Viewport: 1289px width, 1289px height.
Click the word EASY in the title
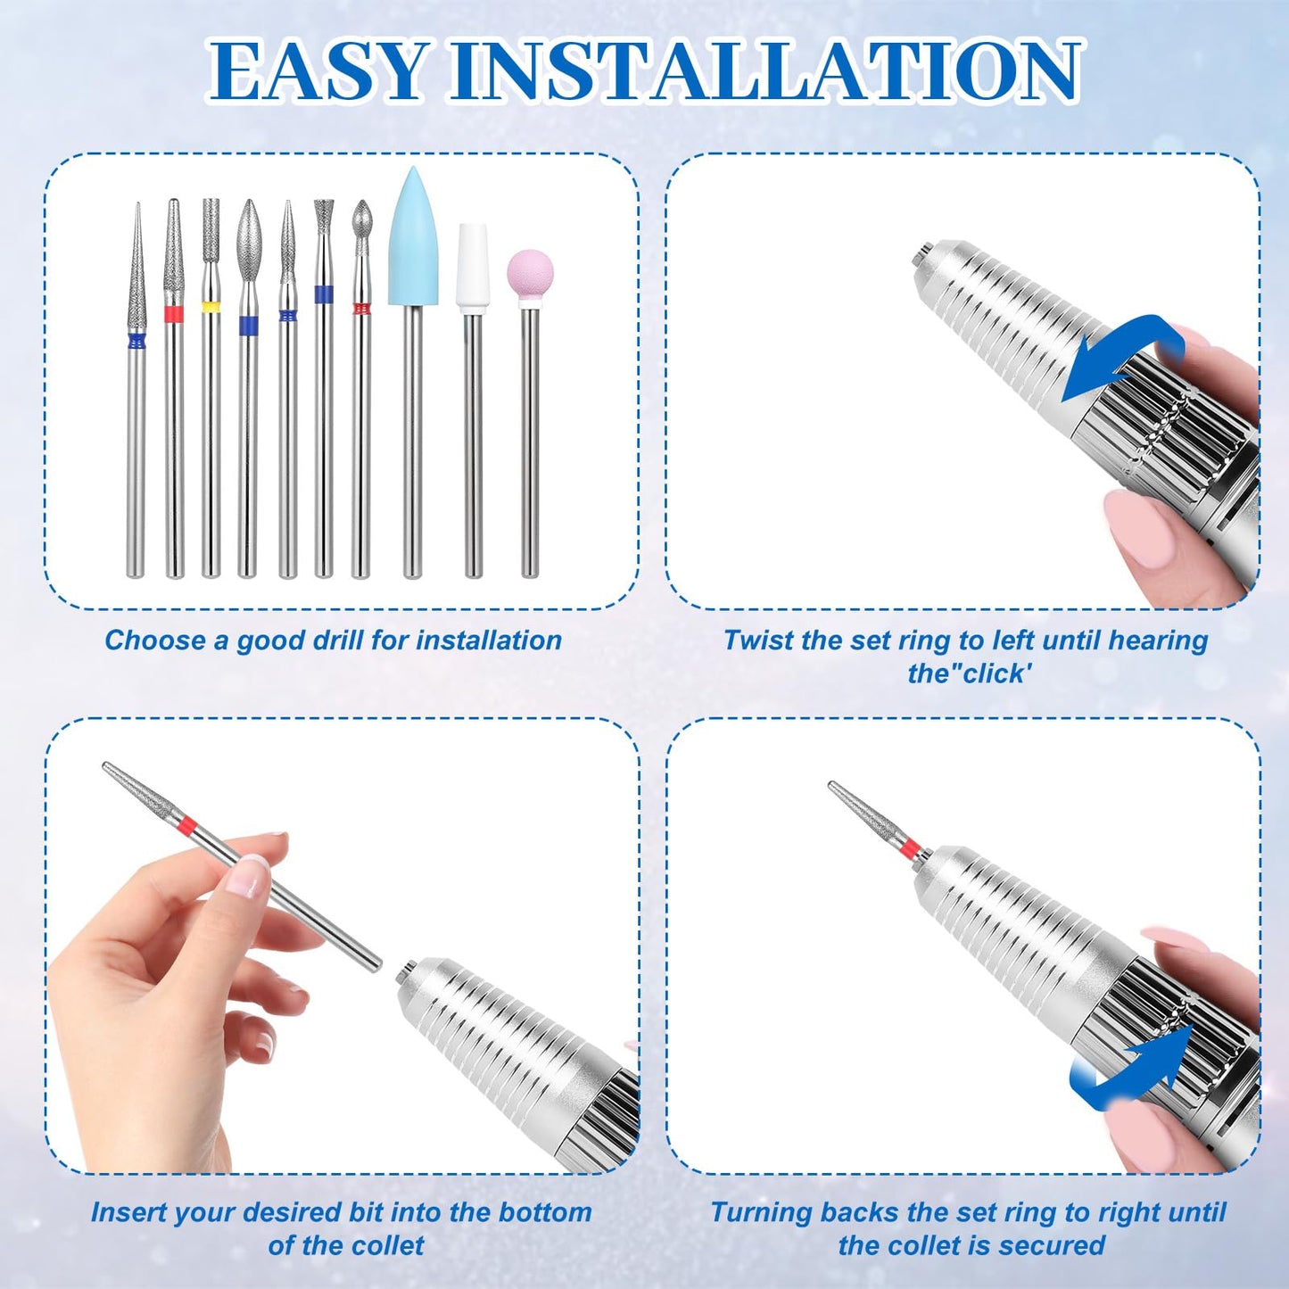tap(317, 71)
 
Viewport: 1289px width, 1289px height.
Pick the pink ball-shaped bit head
tap(530, 274)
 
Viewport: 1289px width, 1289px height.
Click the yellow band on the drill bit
tap(211, 307)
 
